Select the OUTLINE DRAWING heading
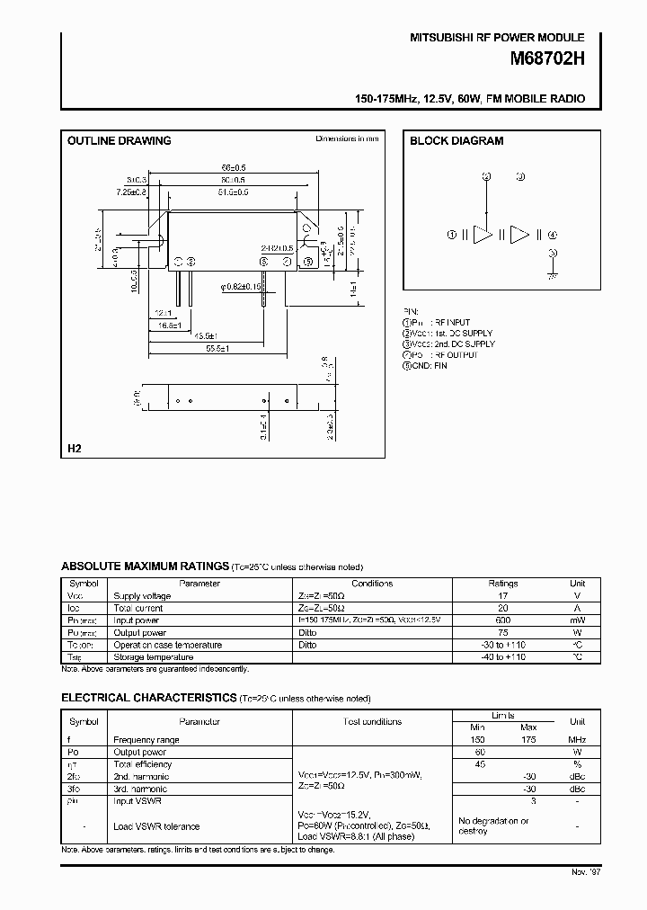click(120, 141)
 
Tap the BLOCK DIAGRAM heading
click(456, 141)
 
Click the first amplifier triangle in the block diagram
click(483, 235)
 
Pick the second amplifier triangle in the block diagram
click(520, 235)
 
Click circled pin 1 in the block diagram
click(452, 235)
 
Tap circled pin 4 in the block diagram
click(553, 235)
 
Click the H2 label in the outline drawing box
click(75, 448)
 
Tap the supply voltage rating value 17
click(503, 595)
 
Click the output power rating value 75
click(503, 632)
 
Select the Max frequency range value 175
click(528, 739)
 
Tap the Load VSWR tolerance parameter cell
click(156, 825)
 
